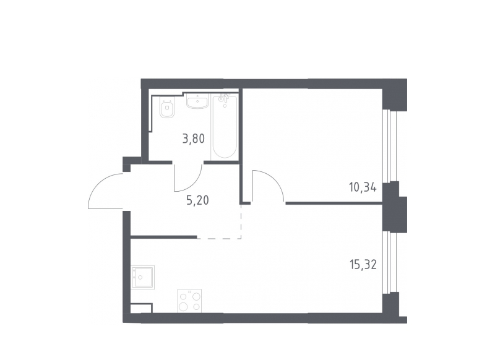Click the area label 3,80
click(x=194, y=139)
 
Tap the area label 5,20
click(x=197, y=200)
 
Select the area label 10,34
click(x=363, y=187)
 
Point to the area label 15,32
click(x=363, y=264)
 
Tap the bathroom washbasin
click(x=197, y=101)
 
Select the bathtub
click(x=225, y=127)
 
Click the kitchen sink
click(x=143, y=277)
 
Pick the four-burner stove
click(x=189, y=301)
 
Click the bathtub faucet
click(x=224, y=98)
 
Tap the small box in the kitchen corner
click(x=142, y=308)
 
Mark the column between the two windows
click(x=394, y=207)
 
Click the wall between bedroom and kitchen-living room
click(x=334, y=204)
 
